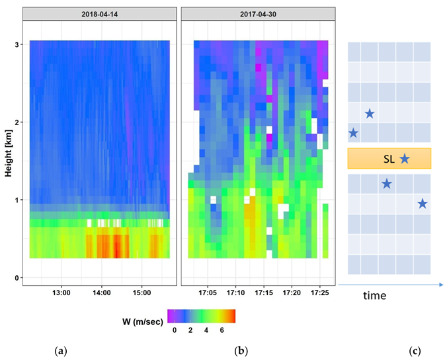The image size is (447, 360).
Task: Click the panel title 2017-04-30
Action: click(259, 13)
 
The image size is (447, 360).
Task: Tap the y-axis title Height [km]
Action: click(8, 149)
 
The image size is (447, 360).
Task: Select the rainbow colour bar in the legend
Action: click(201, 316)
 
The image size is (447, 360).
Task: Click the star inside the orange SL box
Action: click(404, 159)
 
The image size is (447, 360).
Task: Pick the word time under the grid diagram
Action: click(374, 296)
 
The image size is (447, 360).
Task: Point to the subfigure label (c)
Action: click(415, 349)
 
